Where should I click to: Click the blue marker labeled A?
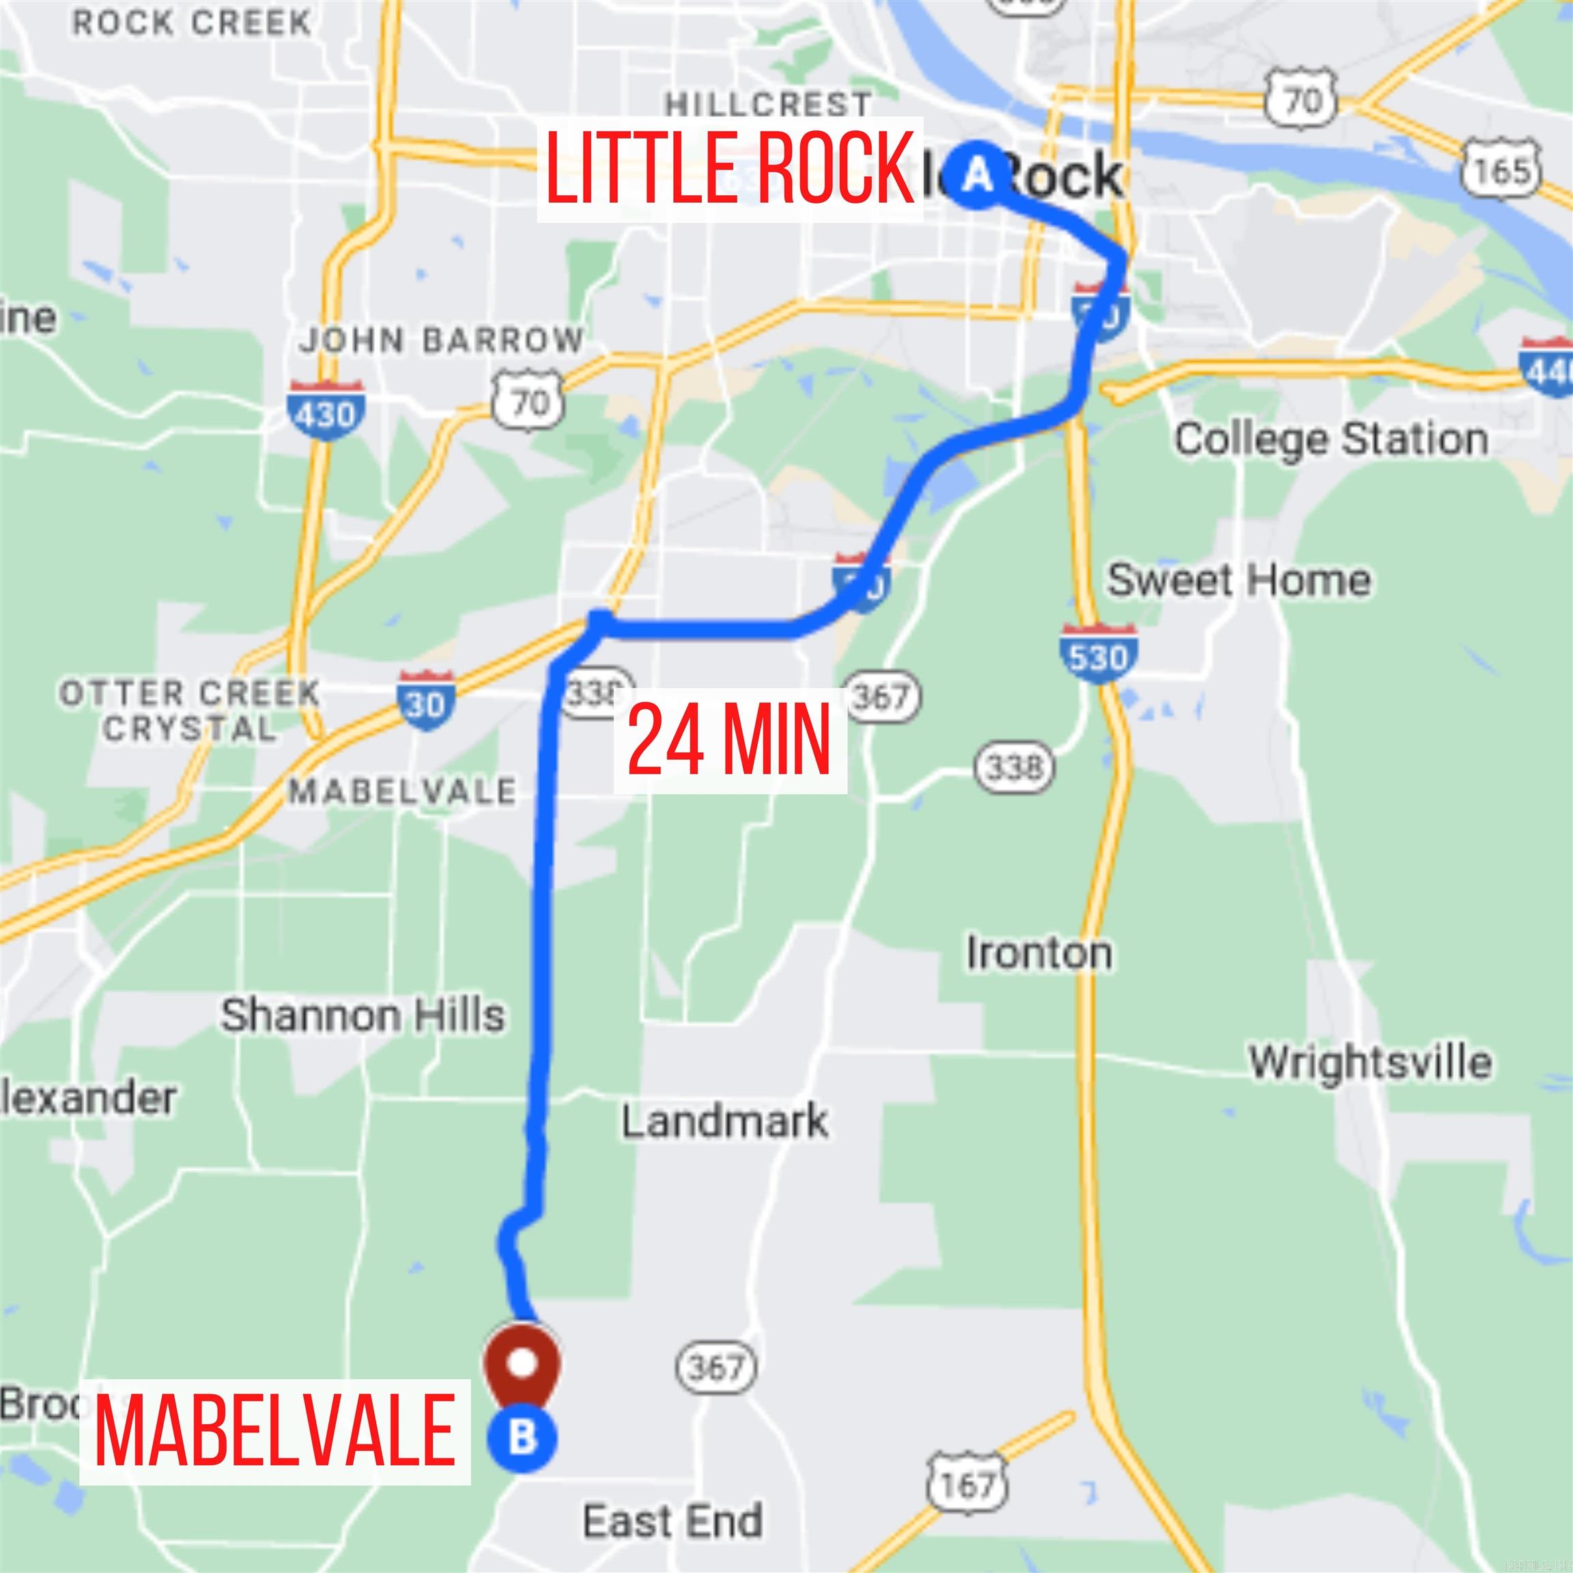click(x=977, y=174)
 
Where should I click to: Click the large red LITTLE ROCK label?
click(x=730, y=169)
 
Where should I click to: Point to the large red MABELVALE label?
click(x=274, y=1430)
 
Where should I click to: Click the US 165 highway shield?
click(x=1501, y=169)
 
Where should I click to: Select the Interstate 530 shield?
click(x=1099, y=653)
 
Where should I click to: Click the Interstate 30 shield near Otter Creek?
click(x=425, y=700)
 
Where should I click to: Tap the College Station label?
click(x=1331, y=440)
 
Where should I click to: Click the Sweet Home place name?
click(x=1238, y=580)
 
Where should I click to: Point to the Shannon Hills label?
click(x=363, y=1015)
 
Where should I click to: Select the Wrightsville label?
click(x=1370, y=1062)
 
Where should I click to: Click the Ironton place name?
click(x=1039, y=952)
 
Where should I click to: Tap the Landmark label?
click(x=724, y=1121)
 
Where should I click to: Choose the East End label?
click(x=672, y=1521)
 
